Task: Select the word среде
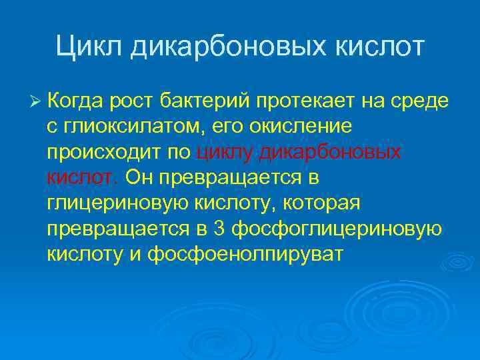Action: [x=420, y=102]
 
